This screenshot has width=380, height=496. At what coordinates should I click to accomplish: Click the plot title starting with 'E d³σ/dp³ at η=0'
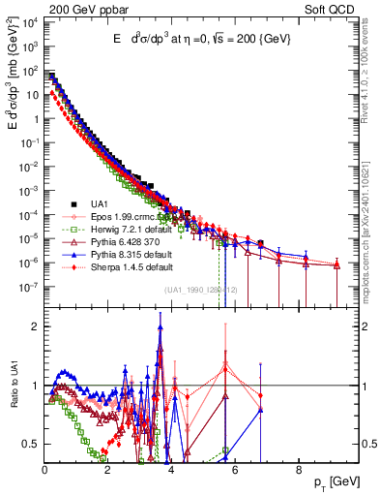(x=198, y=39)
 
